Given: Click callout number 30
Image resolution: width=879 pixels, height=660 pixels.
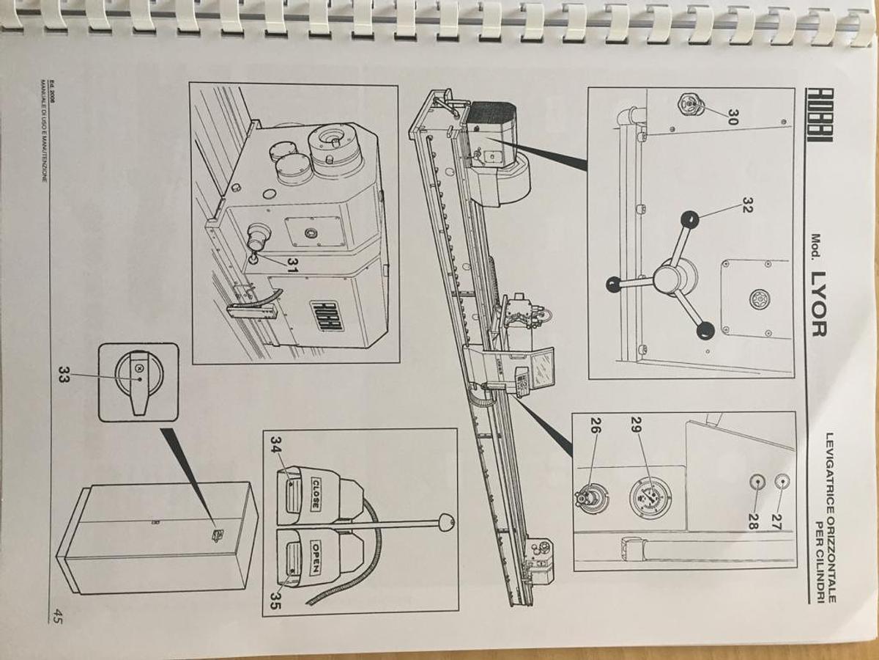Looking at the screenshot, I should coord(732,117).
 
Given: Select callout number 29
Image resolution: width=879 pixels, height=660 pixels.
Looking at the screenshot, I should coord(635,425).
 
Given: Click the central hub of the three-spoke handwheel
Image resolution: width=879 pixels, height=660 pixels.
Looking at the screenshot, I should coord(672,279).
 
